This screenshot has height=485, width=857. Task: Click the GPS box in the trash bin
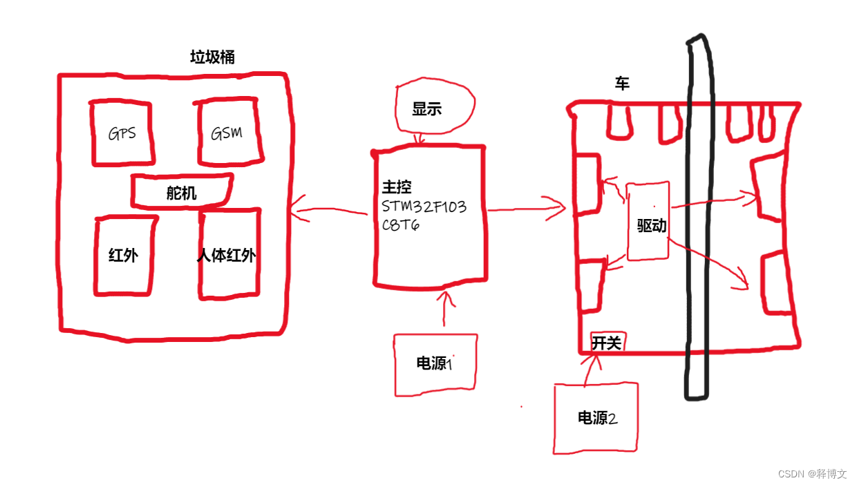(121, 133)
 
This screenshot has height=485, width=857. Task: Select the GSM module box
(227, 133)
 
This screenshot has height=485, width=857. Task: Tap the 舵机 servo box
(181, 192)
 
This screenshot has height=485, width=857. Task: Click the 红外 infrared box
(124, 255)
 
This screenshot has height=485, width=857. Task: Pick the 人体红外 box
(228, 255)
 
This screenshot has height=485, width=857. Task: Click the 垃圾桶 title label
(212, 57)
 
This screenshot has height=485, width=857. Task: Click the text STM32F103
(424, 206)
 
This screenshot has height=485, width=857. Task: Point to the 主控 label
(396, 188)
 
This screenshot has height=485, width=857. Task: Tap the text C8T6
(401, 225)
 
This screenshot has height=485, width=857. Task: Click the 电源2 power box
(596, 418)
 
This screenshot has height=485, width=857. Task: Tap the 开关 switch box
(606, 342)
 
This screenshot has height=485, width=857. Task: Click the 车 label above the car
(622, 84)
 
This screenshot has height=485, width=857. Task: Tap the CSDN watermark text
(812, 474)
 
